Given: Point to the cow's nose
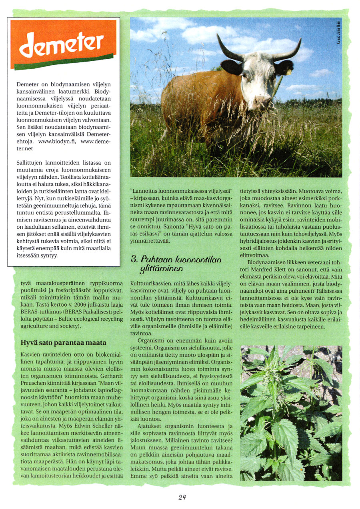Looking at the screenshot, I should click(262, 100).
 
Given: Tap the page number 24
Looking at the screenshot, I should click(182, 497).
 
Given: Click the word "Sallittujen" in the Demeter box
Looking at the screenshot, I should click(30, 163).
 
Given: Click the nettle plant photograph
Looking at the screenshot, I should click(291, 413).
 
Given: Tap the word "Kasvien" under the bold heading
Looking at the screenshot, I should click(31, 355).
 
